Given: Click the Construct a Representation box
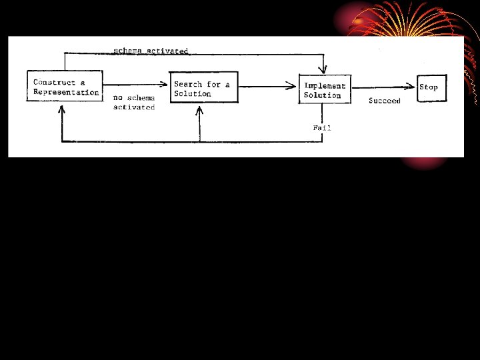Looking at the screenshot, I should click(65, 86).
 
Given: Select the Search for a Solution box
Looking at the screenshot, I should click(203, 87).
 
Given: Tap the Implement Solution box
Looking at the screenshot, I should click(325, 89).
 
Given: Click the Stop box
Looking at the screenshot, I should click(429, 87).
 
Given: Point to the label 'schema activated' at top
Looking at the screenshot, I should click(151, 51).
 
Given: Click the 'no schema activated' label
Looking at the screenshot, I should click(133, 102).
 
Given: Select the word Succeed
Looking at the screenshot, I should click(385, 101).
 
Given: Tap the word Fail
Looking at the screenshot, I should click(322, 127).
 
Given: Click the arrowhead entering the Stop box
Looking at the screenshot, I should click(413, 85).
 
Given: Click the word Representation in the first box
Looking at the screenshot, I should click(66, 93).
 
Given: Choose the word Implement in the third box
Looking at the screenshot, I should click(325, 85).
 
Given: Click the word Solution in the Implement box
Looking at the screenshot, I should click(322, 95).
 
